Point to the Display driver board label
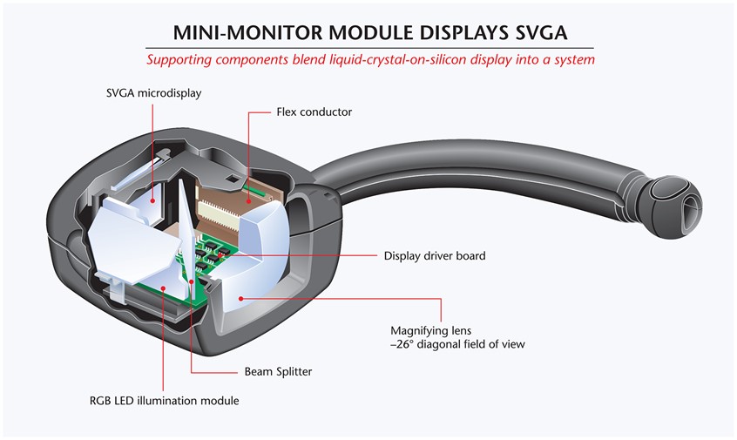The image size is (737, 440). pyautogui.click(x=434, y=256)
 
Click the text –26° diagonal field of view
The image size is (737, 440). pyautogui.click(x=456, y=344)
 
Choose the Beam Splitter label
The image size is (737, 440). pyautogui.click(x=278, y=371)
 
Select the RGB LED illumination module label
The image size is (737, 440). pyautogui.click(x=163, y=401)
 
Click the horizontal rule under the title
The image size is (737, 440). pyautogui.click(x=369, y=48)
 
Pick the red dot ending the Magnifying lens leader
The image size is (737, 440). pyautogui.click(x=240, y=298)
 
